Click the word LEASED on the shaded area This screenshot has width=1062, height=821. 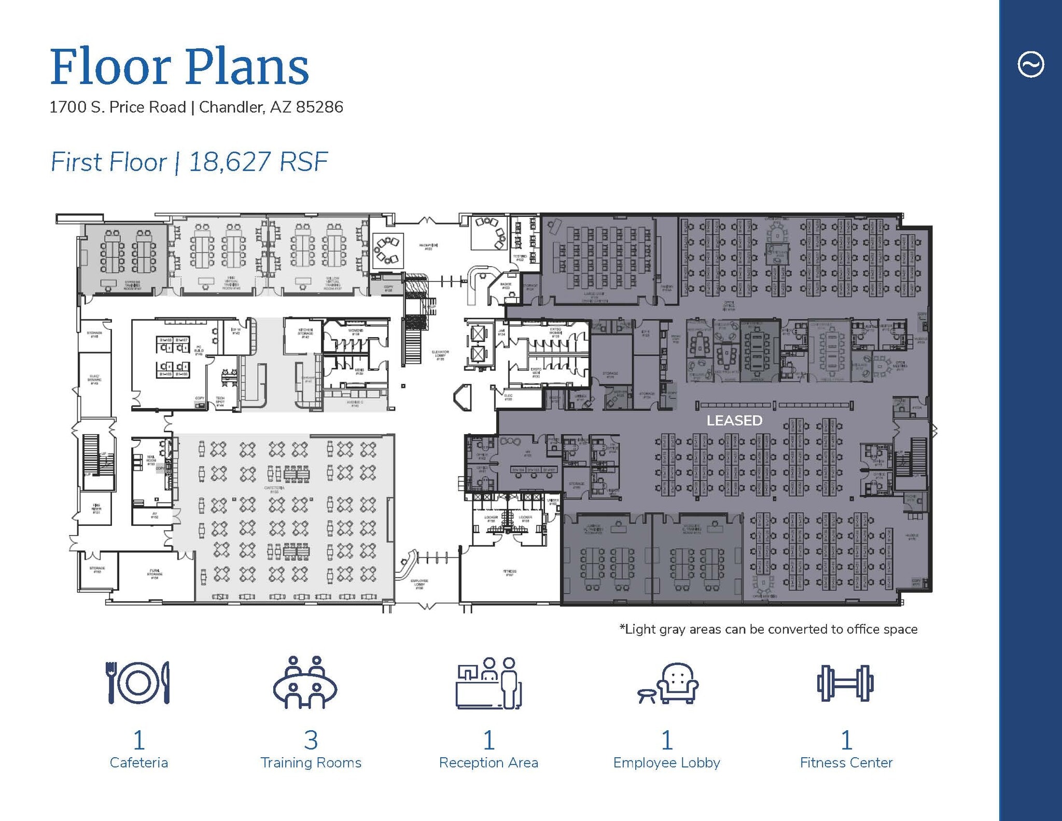click(x=734, y=421)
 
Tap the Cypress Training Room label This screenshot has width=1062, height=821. click(x=133, y=285)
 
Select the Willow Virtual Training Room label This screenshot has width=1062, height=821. click(x=332, y=283)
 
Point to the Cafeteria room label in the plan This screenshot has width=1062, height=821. click(x=274, y=490)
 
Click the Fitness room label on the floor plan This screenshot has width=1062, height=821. click(x=510, y=573)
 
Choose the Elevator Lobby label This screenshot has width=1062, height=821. click(x=440, y=355)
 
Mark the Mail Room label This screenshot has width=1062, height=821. click(x=151, y=460)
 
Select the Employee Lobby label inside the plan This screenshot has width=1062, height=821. click(x=420, y=584)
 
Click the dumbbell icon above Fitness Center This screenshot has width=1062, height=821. click(x=845, y=684)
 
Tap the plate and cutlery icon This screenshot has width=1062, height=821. click(x=138, y=683)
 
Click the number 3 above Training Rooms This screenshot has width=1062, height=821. click(x=311, y=740)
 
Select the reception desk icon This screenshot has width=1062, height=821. click(x=488, y=684)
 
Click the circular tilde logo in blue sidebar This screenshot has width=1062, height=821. click(x=1030, y=65)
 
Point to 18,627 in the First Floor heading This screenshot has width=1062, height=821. click(x=230, y=162)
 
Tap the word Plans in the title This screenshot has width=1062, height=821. click(x=247, y=67)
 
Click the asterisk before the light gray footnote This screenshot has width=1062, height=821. click(x=622, y=628)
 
